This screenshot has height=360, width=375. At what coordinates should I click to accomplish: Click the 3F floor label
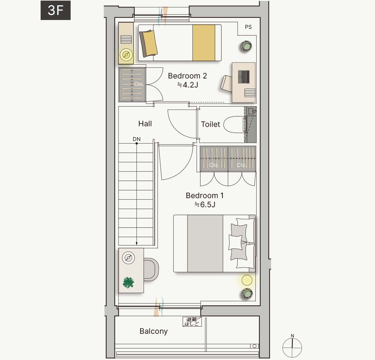pyautogui.click(x=56, y=10)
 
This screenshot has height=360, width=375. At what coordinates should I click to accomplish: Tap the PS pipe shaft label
pyautogui.click(x=248, y=27)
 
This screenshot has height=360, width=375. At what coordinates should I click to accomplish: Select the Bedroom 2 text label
pyautogui.click(x=187, y=76)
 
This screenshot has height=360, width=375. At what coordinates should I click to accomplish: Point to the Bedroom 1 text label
pyautogui.click(x=205, y=195)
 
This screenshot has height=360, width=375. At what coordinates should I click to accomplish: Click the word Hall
pyautogui.click(x=145, y=123)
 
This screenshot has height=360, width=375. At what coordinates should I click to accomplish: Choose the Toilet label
pyautogui.click(x=210, y=124)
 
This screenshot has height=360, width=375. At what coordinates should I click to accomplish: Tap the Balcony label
pyautogui.click(x=153, y=331)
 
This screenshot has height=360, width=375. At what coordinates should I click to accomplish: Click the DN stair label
pyautogui.click(x=137, y=139)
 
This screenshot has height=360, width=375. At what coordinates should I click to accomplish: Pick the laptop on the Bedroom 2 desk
pyautogui.click(x=244, y=77)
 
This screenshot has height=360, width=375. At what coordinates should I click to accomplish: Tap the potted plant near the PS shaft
pyautogui.click(x=247, y=46)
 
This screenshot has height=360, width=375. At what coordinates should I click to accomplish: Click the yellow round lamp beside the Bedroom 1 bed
pyautogui.click(x=247, y=280)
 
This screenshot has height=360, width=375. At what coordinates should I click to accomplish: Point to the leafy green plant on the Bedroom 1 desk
pyautogui.click(x=128, y=282)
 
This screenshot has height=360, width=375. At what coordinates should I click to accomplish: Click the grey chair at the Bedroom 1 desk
pyautogui.click(x=151, y=269)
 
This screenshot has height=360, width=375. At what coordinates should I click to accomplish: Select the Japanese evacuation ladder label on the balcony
pyautogui.click(x=192, y=322)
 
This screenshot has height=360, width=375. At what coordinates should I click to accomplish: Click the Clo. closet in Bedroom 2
pyautogui.click(x=132, y=84)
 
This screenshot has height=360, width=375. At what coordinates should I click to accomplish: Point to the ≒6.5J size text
pyautogui.click(x=205, y=204)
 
